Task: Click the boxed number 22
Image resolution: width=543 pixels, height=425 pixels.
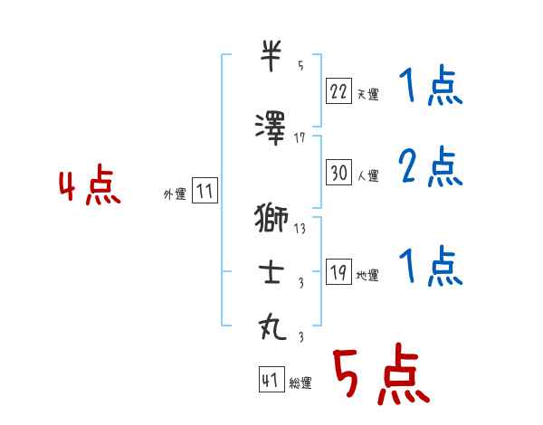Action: pos(339,90)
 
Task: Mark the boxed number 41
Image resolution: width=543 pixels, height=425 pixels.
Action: pos(271,381)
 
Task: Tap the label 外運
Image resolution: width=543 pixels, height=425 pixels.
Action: pos(174,194)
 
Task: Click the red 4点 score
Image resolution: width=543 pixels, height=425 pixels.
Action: pos(89,188)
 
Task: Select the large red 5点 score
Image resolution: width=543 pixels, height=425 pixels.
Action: pos(379,374)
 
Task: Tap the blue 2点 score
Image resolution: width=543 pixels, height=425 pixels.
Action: pos(430,167)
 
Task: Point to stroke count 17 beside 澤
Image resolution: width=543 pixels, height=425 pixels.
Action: pos(300,137)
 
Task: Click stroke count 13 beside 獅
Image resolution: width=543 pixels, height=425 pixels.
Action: pos(300,229)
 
